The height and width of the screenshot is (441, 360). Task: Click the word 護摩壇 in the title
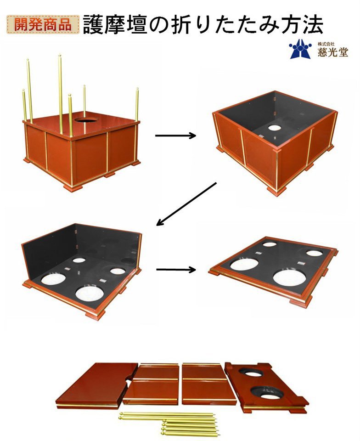(115, 25)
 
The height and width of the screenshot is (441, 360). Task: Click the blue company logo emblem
(300, 49)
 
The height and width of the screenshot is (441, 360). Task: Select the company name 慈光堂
(333, 52)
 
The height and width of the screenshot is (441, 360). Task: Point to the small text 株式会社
(326, 44)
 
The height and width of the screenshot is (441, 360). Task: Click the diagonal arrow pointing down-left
(186, 204)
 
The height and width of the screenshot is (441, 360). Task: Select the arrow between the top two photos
(175, 136)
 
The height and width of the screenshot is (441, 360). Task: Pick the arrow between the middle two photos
(176, 270)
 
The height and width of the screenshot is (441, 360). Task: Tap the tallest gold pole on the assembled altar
(61, 94)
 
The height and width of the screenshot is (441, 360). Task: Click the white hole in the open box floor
(275, 128)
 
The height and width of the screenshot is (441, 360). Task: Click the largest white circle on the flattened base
(289, 277)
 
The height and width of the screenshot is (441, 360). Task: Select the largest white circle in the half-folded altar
(90, 294)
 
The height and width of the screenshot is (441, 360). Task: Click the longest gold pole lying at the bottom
(167, 414)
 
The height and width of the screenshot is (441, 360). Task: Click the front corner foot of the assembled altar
(72, 187)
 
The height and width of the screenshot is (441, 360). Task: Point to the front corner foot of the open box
(276, 192)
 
